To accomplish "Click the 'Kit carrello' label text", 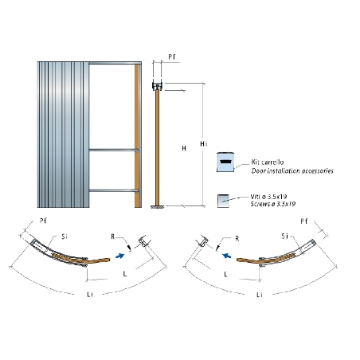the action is pos(268,162).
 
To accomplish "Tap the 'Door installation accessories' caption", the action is pos(292,170).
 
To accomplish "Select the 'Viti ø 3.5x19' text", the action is pos(268,197).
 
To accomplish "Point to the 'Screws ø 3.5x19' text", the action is pos(273,204).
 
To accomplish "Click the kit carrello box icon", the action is pos(225,162).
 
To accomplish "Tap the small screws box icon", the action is pos(223,201).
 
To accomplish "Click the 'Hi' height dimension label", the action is pos(203,144).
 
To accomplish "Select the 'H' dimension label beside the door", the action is pos(184,148).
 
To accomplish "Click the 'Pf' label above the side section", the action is pos(172,57).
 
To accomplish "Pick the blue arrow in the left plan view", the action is pos(120,256).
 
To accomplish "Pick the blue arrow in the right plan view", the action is pos(226,256).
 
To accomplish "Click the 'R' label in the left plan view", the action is pos(113,237).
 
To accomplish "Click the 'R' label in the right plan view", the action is pos(237,238).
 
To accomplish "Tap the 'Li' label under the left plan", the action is pos(90,294).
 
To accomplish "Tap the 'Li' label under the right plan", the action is pos(260,295).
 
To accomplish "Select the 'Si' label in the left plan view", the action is pos(65,237).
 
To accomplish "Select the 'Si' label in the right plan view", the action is pos(284,236).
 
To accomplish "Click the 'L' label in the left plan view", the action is pos(125,273).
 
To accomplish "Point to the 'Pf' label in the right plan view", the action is pos(304,221).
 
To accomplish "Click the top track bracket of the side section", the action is pos(157,86).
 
